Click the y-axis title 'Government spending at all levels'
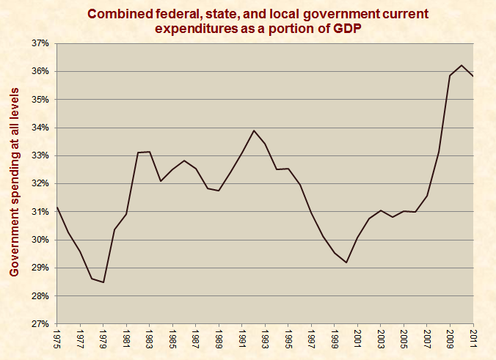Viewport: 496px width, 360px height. pos(14,183)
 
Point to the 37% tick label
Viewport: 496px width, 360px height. pos(40,43)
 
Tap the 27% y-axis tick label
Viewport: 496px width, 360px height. pos(40,324)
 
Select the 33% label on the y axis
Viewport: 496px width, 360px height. pos(40,155)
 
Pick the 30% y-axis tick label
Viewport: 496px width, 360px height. pos(40,240)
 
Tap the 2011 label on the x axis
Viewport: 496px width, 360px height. pos(473,339)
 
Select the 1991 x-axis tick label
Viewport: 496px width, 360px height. pos(242,339)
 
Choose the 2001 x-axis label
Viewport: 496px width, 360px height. pos(358,339)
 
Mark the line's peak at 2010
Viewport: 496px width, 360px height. pos(462,65)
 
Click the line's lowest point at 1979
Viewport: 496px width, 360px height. pos(103,282)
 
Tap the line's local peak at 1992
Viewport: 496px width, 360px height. pos(254,131)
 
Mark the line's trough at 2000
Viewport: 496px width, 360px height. pos(346,262)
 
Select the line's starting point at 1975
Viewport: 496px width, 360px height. pos(57,207)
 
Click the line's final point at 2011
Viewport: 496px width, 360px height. pos(473,76)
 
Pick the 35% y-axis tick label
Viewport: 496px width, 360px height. pos(40,100)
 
